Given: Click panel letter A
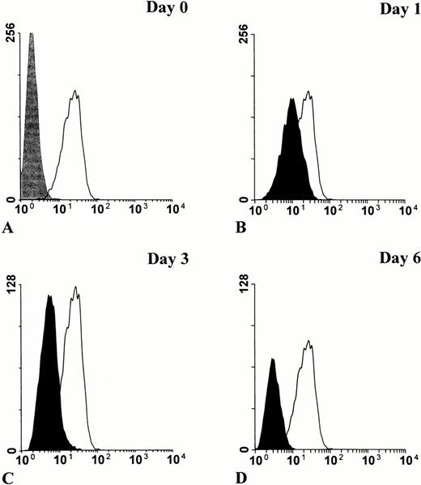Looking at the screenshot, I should tap(8, 230).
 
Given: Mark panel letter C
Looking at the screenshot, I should tap(8, 479).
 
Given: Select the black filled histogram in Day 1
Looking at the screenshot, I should tap(291, 162).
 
